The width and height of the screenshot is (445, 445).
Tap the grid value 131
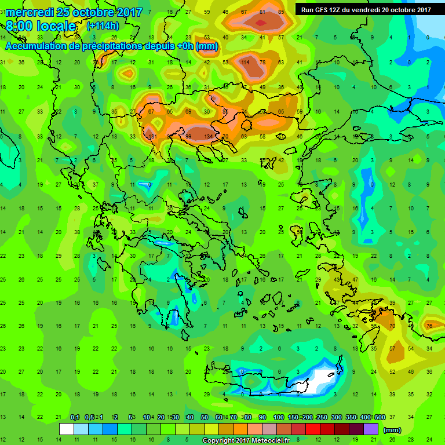(152, 137)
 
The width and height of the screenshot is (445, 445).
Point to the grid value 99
(188, 137)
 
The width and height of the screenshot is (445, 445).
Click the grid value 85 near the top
(281, 12)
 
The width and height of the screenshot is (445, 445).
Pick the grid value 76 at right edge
(429, 326)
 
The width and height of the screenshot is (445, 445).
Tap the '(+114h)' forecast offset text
(103, 26)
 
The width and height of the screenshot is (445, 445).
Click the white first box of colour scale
(67, 429)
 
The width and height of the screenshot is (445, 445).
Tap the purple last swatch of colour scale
(371, 429)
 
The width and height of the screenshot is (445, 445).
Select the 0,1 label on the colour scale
(75, 418)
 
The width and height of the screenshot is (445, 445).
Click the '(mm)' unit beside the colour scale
(392, 430)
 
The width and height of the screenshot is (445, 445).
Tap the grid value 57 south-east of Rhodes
(392, 348)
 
